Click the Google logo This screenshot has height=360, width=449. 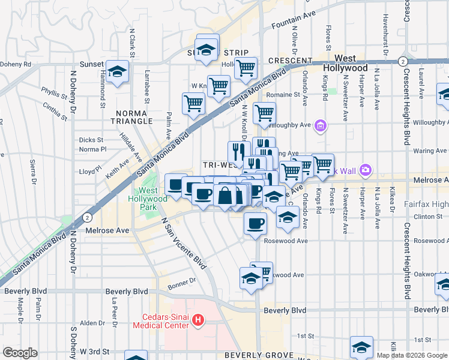pyautogui.click(x=20, y=353)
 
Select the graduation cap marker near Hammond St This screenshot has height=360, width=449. pyautogui.click(x=118, y=71)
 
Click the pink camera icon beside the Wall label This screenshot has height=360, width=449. pyautogui.click(x=366, y=170)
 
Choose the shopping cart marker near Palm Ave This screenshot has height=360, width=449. pyautogui.click(x=194, y=103)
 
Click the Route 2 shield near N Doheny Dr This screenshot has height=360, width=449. pyautogui.click(x=88, y=217)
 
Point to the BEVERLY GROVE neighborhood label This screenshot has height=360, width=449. pyautogui.click(x=258, y=355)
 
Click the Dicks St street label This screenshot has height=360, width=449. pyautogui.click(x=91, y=140)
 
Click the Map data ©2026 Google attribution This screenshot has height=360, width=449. pyautogui.click(x=411, y=355)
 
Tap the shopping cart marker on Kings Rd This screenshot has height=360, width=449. pyautogui.click(x=324, y=164)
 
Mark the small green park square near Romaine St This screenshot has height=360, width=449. pyautogui.click(x=331, y=91)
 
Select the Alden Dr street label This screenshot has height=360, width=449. pyautogui.click(x=92, y=323)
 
